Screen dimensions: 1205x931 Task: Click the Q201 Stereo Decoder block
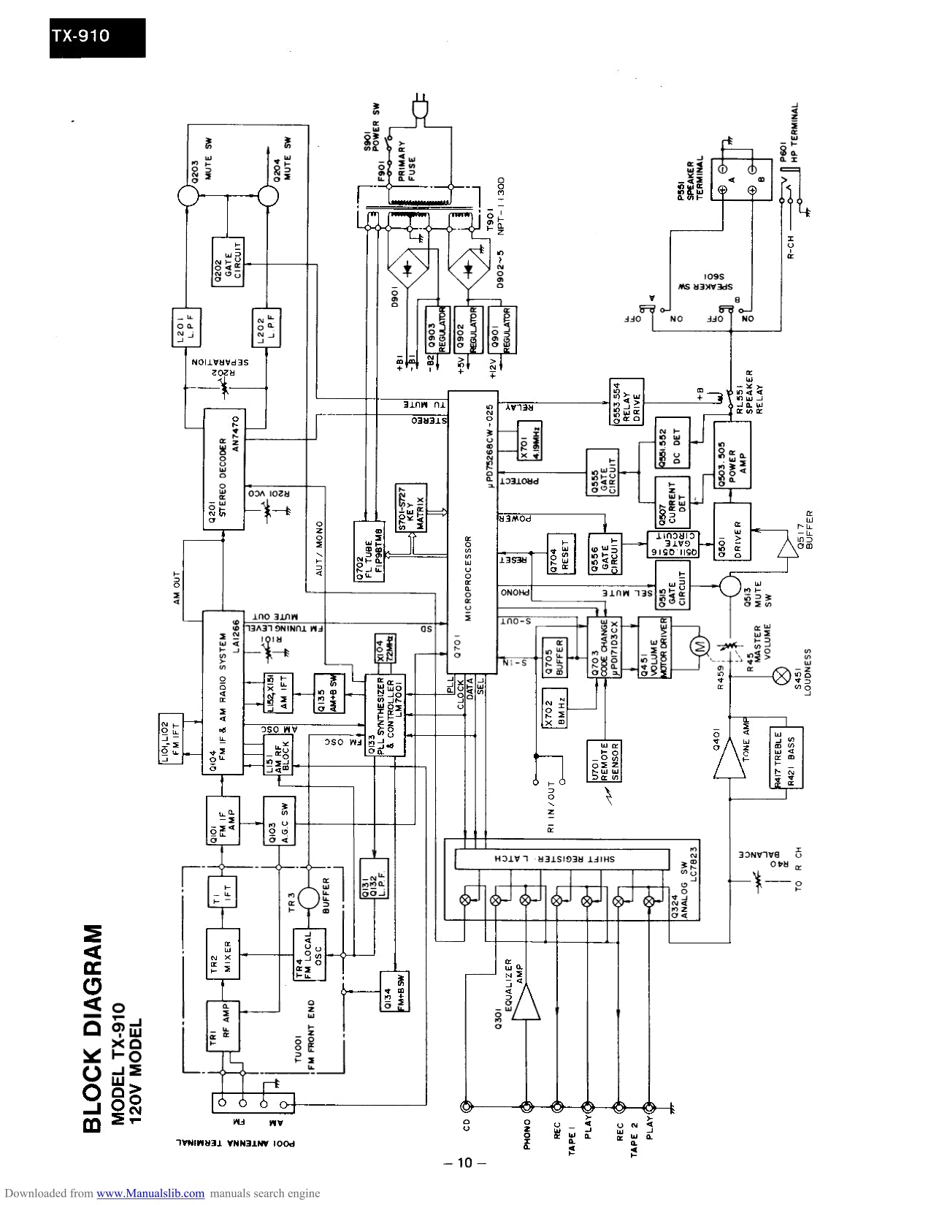coord(225,468)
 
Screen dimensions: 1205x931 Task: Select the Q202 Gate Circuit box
coord(229,261)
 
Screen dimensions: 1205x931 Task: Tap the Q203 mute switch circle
coord(188,196)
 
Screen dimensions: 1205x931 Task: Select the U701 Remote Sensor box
coord(605,761)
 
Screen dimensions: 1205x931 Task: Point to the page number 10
coord(465,1163)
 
